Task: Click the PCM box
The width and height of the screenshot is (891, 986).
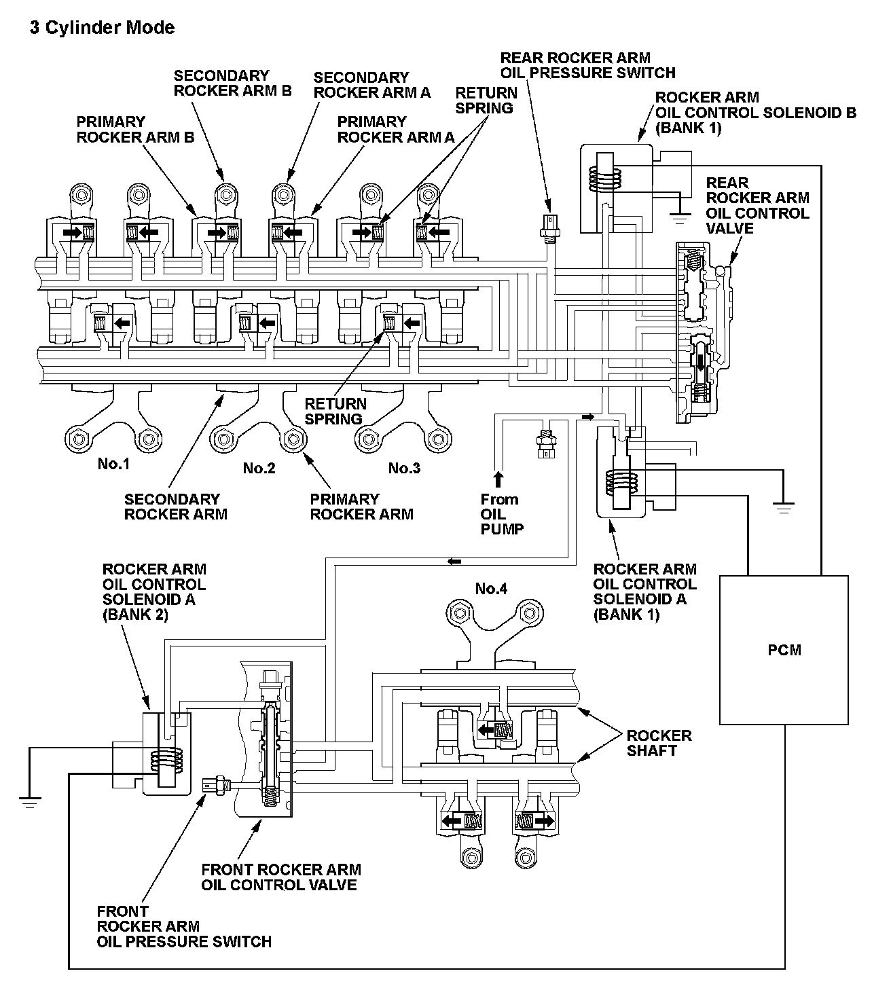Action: (784, 650)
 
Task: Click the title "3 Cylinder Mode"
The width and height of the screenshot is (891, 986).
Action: (102, 28)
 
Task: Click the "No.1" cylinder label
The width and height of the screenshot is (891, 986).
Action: (113, 464)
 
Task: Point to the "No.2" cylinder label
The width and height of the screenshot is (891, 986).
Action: (259, 468)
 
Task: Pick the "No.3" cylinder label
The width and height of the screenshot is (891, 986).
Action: (404, 468)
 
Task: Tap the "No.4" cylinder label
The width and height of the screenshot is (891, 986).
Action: (491, 588)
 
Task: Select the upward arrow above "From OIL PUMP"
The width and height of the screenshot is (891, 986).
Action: (498, 479)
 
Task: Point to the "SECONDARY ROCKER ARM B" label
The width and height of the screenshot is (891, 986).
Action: (232, 83)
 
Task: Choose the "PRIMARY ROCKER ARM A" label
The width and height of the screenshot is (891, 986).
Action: (395, 129)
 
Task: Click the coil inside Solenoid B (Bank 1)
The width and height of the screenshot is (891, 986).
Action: (604, 179)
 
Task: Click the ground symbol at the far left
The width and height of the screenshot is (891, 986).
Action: (29, 801)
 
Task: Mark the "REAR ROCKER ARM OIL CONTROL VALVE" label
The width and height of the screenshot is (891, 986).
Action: (757, 205)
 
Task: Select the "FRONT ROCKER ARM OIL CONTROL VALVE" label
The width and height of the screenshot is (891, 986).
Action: (280, 877)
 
